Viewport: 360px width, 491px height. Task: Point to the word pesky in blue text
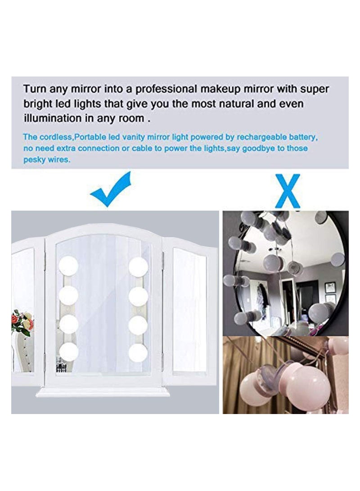click(x=34, y=159)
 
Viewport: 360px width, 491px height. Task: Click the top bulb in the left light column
click(x=68, y=266)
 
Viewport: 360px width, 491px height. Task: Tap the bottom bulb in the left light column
click(x=68, y=352)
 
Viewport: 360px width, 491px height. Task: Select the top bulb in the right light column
click(x=138, y=267)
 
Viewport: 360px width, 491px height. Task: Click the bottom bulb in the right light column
click(x=138, y=352)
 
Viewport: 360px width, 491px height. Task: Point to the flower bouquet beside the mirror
click(x=22, y=323)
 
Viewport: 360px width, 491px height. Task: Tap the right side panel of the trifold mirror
click(x=189, y=311)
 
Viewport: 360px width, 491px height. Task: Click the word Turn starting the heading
click(x=34, y=89)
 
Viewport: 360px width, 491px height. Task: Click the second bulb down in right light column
click(x=138, y=296)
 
